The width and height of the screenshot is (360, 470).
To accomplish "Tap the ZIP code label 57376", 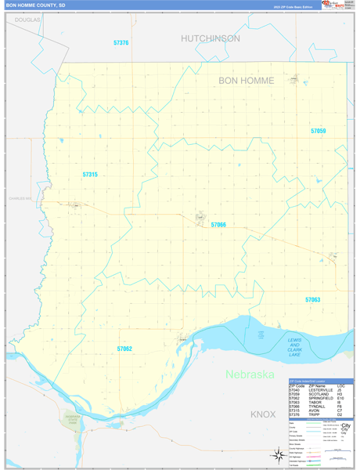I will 121,43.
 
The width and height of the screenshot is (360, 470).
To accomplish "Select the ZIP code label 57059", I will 318,131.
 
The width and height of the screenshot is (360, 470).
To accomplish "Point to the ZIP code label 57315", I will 90,175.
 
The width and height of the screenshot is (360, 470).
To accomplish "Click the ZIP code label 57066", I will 218,225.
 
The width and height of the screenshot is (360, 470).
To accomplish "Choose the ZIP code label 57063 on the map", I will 313,300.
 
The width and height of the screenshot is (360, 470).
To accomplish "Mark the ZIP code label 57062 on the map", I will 124,348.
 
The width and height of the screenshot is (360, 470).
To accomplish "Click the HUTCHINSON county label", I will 211,38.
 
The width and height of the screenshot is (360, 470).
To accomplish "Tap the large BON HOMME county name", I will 246,81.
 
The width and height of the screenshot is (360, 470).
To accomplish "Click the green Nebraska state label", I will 250,374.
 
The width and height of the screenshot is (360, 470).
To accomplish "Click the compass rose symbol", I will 278,454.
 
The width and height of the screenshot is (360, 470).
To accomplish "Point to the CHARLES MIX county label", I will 20,198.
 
